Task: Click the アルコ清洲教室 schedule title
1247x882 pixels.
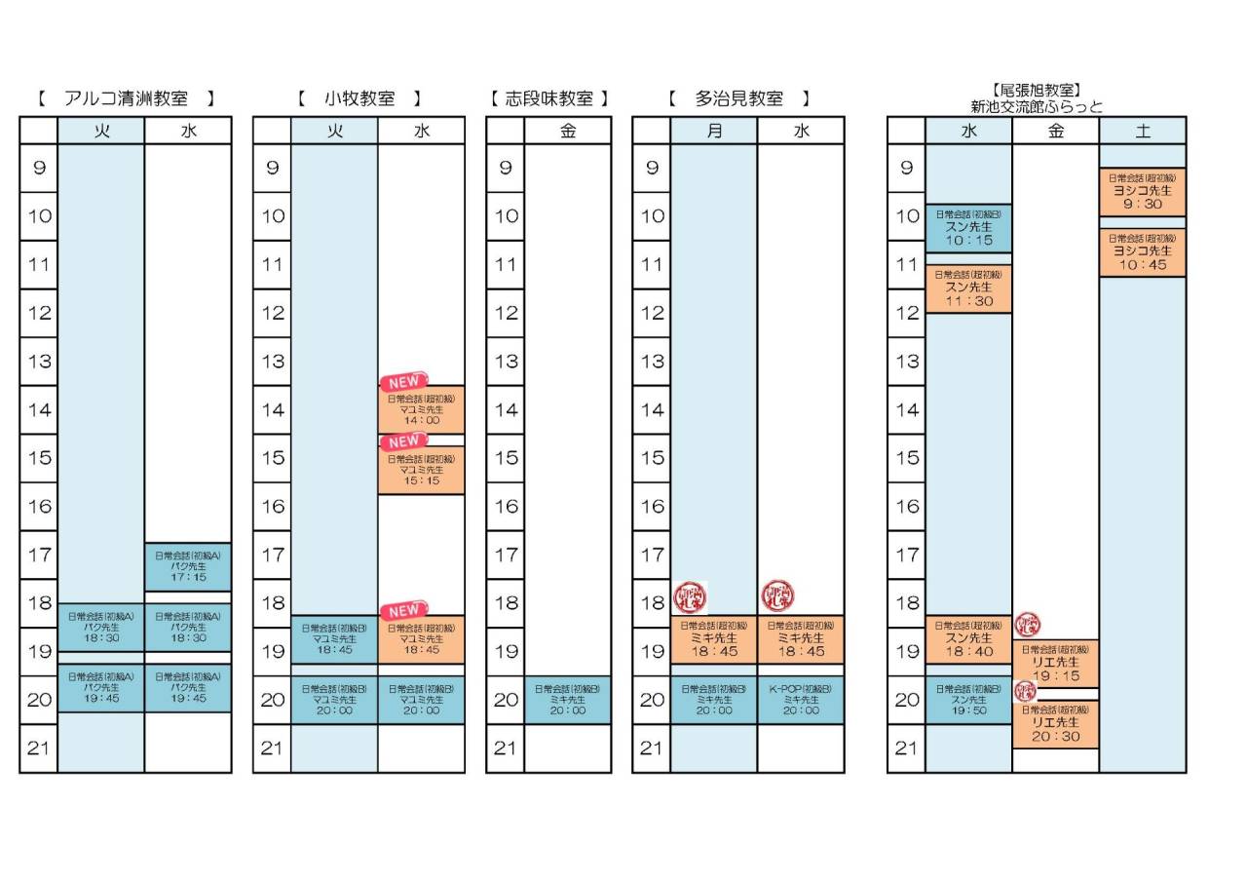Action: (x=126, y=98)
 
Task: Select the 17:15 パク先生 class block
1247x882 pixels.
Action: (x=188, y=566)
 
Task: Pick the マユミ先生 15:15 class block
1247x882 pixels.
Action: (x=421, y=470)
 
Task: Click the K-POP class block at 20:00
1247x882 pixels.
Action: (x=801, y=700)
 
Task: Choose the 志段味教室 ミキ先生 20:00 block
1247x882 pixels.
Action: (x=568, y=700)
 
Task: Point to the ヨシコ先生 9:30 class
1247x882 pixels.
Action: (x=1143, y=192)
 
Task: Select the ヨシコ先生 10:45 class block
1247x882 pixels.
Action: (x=1143, y=252)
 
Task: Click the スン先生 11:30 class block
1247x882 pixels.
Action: (x=968, y=289)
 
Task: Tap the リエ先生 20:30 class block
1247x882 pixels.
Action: (x=1055, y=724)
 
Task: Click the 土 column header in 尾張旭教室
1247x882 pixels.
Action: (x=1143, y=131)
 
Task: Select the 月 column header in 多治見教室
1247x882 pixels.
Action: (x=714, y=131)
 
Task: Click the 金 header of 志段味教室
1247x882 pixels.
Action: (x=568, y=131)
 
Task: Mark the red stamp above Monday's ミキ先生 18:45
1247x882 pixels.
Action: (x=690, y=595)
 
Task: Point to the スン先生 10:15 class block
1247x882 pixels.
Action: (x=968, y=228)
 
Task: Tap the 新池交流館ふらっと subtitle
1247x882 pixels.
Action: (x=1037, y=107)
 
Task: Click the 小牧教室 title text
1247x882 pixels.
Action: (x=359, y=98)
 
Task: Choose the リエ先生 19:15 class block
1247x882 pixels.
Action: (x=1055, y=664)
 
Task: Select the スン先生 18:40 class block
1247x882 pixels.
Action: (x=968, y=639)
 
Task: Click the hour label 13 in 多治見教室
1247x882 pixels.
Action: (x=651, y=362)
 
